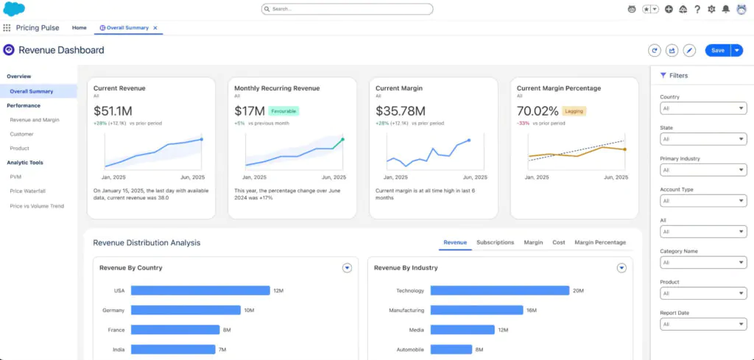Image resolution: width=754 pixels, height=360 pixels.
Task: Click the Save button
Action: (x=716, y=50)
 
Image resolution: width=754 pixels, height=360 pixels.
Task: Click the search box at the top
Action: (x=347, y=9)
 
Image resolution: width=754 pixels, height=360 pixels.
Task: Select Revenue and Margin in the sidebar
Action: (x=35, y=119)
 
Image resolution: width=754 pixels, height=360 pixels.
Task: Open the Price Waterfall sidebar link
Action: (x=28, y=191)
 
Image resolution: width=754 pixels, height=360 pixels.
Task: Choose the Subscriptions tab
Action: (x=495, y=242)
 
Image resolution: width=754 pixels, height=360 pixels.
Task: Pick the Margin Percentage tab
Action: (x=600, y=242)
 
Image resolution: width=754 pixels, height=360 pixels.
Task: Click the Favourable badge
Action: (x=283, y=111)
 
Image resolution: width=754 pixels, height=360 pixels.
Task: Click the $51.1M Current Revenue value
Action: (x=113, y=111)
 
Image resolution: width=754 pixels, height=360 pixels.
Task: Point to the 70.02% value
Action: (x=538, y=111)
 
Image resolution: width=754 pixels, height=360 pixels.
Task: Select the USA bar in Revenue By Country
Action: (x=200, y=291)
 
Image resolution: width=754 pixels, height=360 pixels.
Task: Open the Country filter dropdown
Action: (x=703, y=108)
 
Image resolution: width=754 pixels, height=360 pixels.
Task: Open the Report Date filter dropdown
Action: (x=703, y=324)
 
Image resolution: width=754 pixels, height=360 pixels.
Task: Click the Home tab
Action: (x=79, y=28)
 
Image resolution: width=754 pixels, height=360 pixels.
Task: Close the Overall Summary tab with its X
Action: (x=155, y=28)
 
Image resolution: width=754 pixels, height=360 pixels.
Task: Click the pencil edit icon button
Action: (x=689, y=50)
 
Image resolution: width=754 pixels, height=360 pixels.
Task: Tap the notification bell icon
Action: (x=726, y=9)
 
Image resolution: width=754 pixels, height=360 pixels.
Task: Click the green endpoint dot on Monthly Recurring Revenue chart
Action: (x=342, y=139)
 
